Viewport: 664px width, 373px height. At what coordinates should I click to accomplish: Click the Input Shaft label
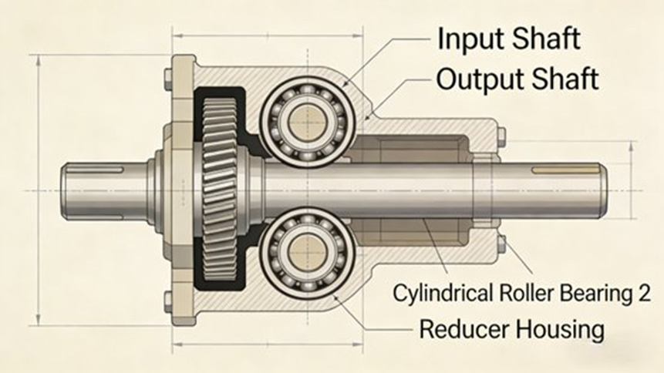508,39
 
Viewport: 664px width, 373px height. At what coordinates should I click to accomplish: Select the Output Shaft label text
517,78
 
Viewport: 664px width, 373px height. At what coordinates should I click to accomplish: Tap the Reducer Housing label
511,330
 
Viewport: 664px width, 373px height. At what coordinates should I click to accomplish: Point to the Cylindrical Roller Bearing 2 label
521,293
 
